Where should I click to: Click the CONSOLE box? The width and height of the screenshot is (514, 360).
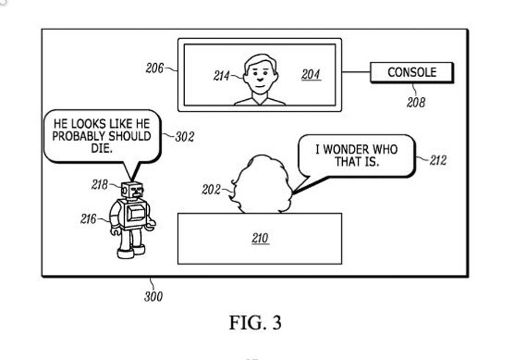coord(412,72)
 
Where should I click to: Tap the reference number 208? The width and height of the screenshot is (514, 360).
coord(416,103)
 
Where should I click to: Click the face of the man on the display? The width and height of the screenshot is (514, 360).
coord(258,73)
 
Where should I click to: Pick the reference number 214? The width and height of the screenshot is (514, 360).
coord(222,76)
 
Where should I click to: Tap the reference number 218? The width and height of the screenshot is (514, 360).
coord(101,184)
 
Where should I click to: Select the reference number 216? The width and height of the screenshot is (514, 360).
coord(88,218)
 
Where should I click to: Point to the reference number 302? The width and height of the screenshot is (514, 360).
coord(184,137)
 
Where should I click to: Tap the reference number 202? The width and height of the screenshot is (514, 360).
coord(211,190)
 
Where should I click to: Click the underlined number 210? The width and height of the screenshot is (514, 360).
coord(260,238)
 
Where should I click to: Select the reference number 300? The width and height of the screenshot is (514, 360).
coord(153,297)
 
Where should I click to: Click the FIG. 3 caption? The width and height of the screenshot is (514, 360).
coord(256,323)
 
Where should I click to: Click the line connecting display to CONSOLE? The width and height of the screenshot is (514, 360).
coord(355,72)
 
